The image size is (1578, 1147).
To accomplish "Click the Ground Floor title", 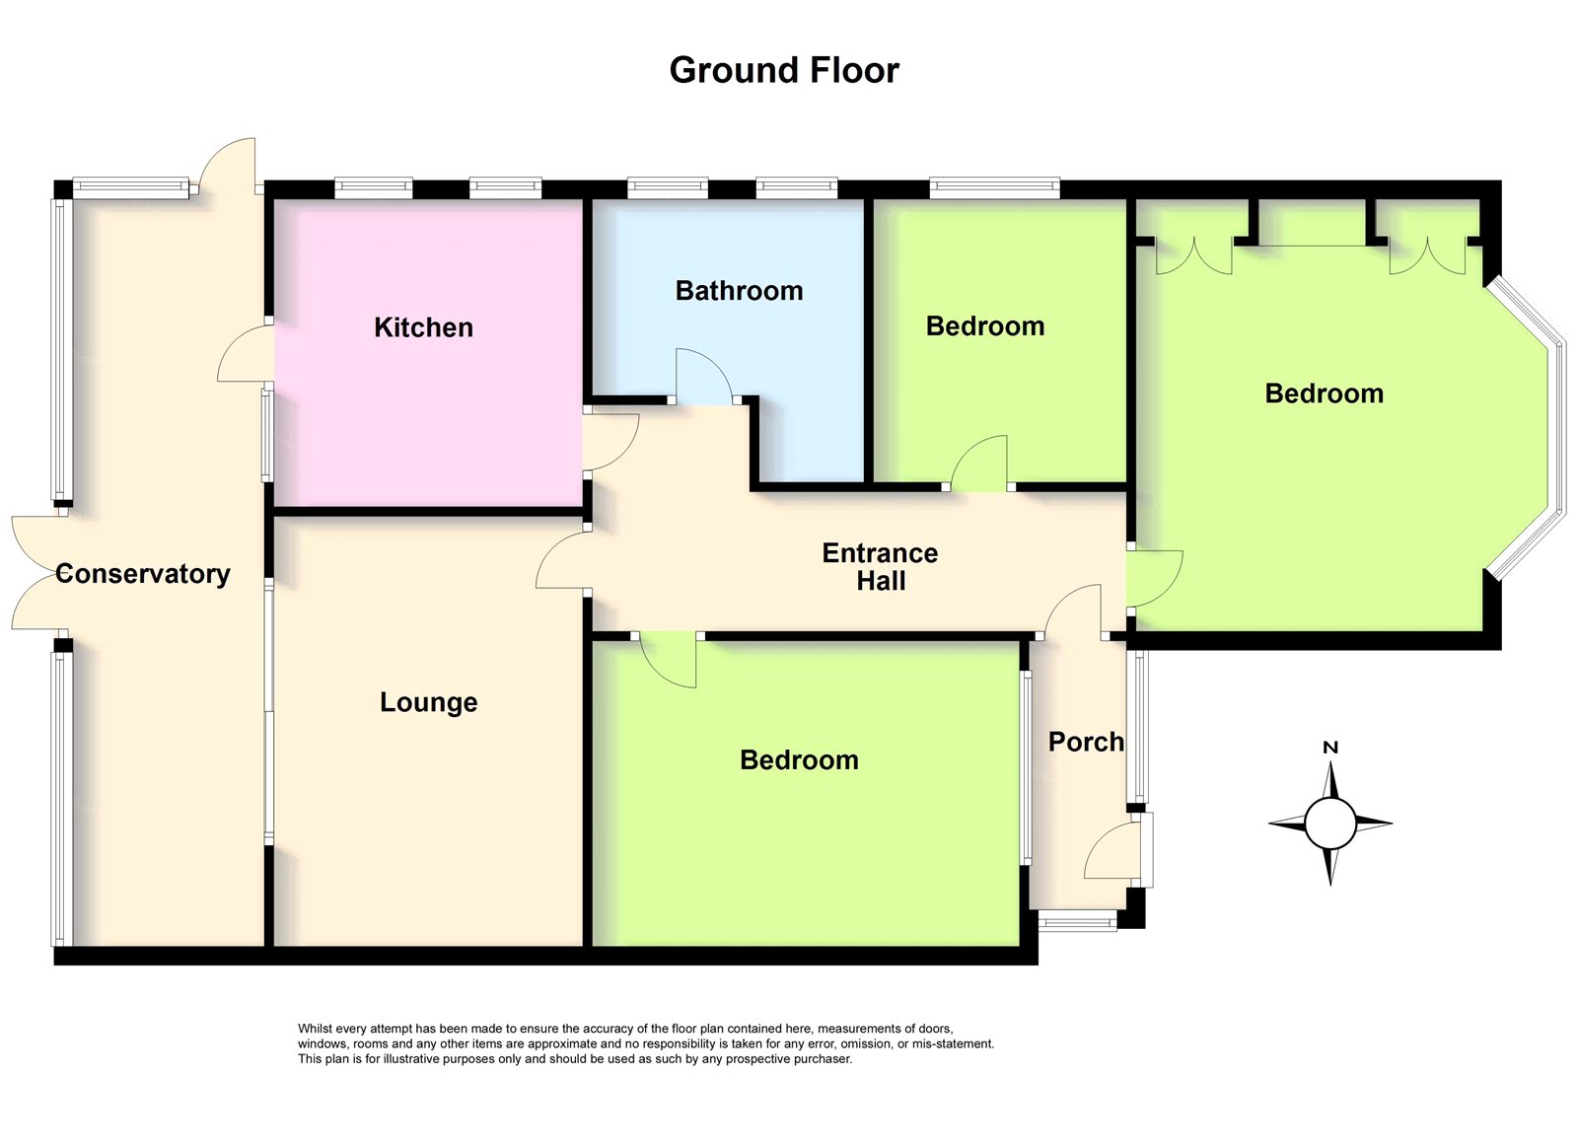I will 784,70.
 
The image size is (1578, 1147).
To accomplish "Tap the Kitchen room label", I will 423,327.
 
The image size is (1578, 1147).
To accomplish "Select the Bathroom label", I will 739,291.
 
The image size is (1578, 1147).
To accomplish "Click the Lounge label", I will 429,702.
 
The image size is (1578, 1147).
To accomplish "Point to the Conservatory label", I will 143,574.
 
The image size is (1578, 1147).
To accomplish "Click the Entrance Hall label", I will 880,566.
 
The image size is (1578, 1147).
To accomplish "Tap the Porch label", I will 1086,742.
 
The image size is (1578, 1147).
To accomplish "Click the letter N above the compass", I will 1329,748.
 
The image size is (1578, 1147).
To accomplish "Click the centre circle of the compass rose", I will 1330,824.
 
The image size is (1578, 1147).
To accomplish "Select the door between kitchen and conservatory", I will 245,354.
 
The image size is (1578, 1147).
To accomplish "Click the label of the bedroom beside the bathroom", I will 985,326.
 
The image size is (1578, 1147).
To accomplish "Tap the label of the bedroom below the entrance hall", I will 799,760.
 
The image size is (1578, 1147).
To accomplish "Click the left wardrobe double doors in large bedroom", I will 1193,256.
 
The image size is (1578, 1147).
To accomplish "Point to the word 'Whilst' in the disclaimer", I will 316,1029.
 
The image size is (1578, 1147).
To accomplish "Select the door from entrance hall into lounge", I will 559,562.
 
